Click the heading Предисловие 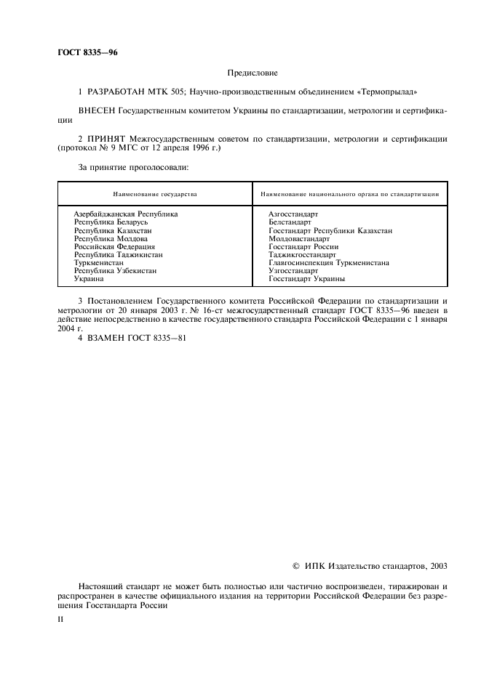point(253,73)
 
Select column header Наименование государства point(154,195)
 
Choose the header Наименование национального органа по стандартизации point(349,195)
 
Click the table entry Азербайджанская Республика point(126,214)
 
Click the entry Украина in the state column point(89,278)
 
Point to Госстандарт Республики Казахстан point(330,230)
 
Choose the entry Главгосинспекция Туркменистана point(329,262)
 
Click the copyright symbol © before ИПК point(295,566)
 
